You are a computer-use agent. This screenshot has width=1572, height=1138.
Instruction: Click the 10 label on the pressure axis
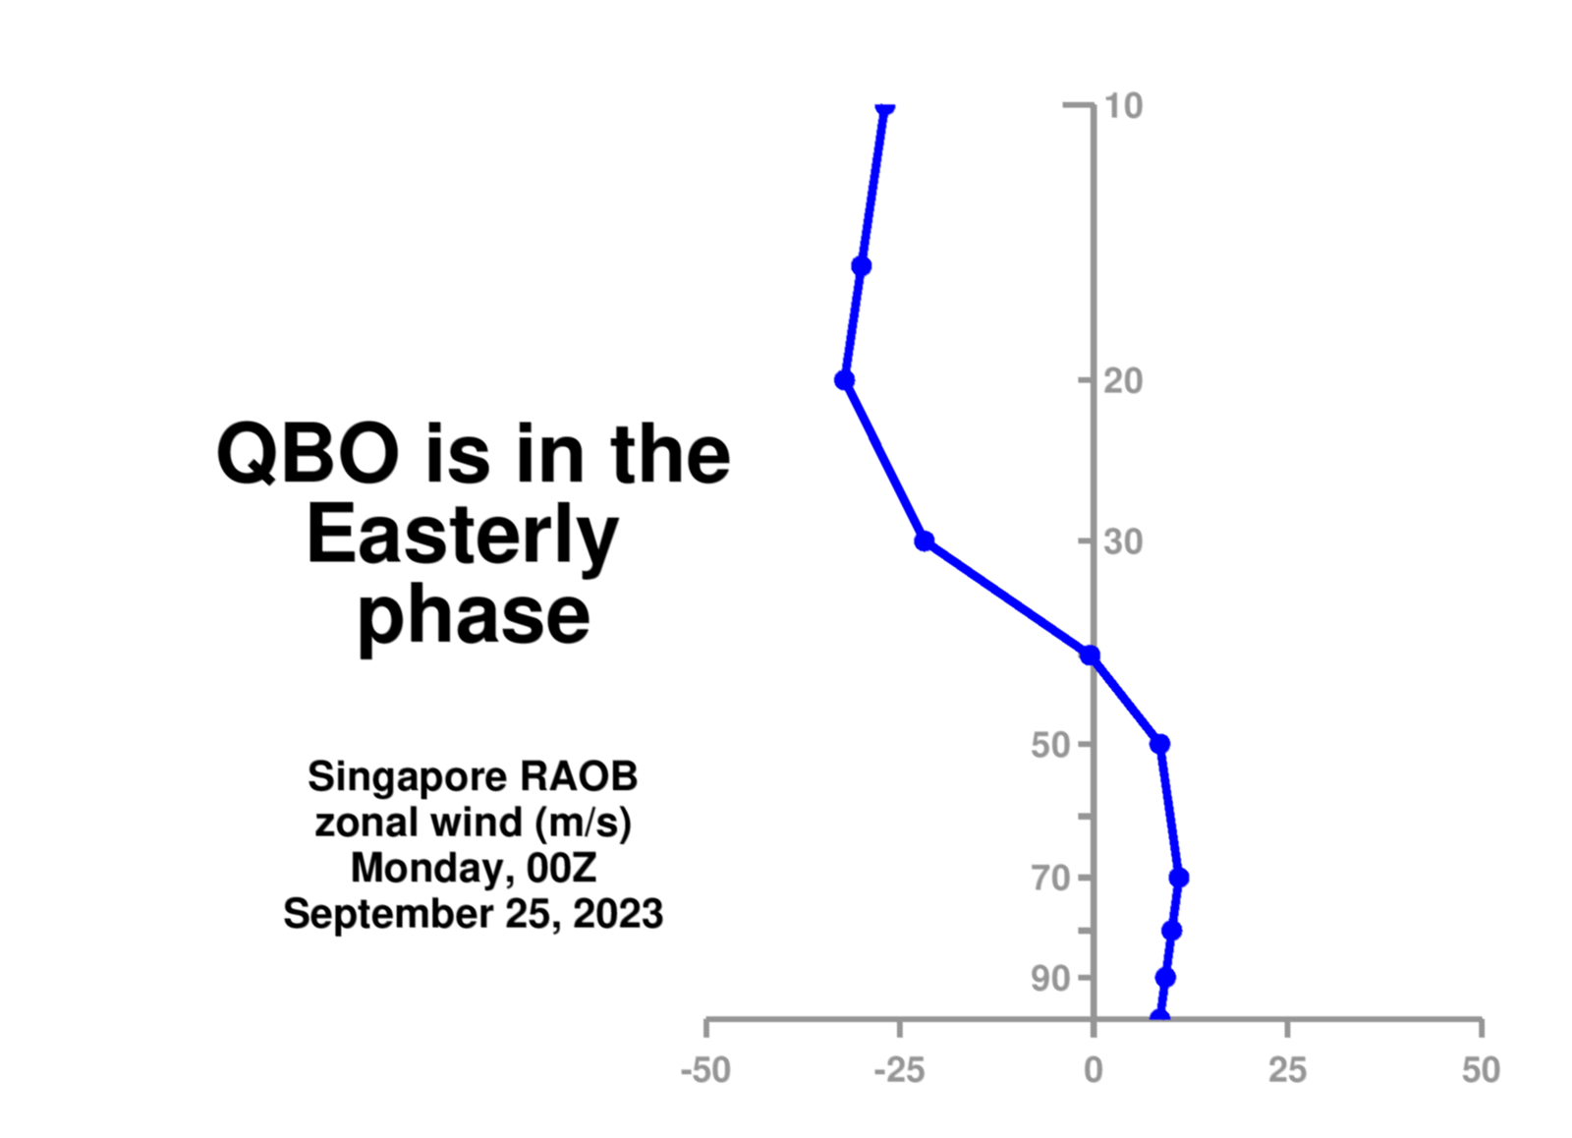pos(1124,106)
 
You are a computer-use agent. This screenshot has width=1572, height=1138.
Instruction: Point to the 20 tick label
pos(1124,381)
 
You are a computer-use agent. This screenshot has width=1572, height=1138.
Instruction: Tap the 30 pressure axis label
pos(1124,541)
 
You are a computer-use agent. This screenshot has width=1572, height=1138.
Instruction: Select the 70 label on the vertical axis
pos(1050,879)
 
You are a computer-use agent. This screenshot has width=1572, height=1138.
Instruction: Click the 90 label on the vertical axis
pos(1050,979)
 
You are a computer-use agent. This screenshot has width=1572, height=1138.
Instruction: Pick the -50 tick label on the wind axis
pos(706,1070)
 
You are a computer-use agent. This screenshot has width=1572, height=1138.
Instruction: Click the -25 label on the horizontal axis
pos(899,1070)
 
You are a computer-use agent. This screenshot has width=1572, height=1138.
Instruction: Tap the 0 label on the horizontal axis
pos(1094,1070)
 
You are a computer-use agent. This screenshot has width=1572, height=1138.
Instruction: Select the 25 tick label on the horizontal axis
pos(1288,1070)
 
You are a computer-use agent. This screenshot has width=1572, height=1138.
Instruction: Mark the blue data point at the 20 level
pos(845,379)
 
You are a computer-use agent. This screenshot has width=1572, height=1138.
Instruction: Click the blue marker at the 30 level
pos(925,541)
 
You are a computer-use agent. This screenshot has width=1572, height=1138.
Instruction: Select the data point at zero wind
pos(1090,655)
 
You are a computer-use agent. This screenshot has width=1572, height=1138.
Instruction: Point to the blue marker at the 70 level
pos(1179,878)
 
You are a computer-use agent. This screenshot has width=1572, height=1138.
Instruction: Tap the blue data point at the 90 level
pos(1165,977)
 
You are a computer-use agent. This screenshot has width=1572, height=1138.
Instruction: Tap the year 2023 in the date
pos(618,914)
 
